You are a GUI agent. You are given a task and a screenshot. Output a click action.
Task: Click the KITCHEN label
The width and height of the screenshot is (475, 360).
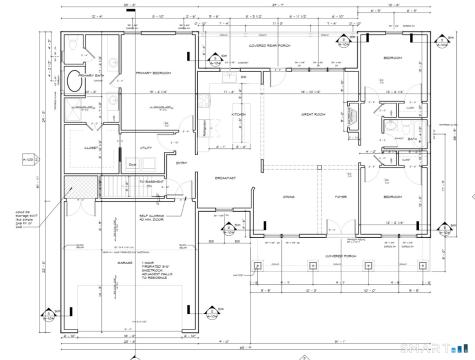(239, 114)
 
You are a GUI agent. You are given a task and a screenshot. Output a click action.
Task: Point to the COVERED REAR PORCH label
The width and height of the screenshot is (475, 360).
(269, 46)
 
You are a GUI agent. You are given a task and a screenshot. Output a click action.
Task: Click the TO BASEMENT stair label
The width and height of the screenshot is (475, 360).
(150, 181)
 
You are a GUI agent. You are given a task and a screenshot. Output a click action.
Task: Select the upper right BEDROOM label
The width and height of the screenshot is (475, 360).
(392, 59)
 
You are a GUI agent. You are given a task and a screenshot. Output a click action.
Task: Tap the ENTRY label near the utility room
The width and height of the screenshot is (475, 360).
(182, 163)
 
